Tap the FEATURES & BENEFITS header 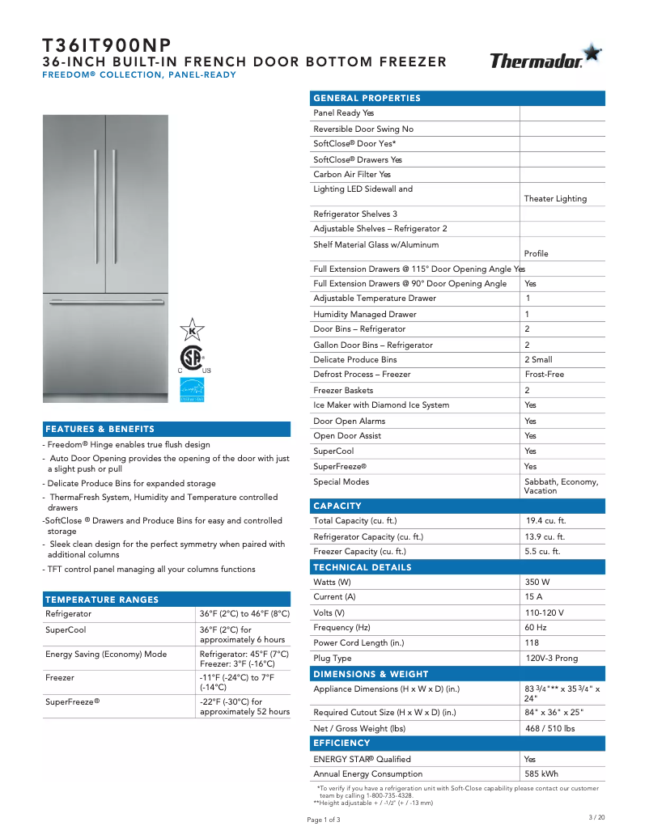(x=100, y=429)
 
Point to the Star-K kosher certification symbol (x=192, y=329)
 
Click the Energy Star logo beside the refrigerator (x=192, y=389)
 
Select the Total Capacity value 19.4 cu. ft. (x=545, y=521)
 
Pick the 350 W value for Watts (x=537, y=583)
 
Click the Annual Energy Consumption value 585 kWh (x=541, y=774)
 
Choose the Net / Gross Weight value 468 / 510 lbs (x=550, y=728)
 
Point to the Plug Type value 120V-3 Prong (x=551, y=659)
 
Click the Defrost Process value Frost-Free (x=544, y=375)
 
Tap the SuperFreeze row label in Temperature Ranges (x=72, y=701)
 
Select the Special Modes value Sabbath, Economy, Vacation (x=561, y=486)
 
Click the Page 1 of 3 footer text (x=324, y=820)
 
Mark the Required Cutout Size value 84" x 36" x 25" (x=554, y=713)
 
